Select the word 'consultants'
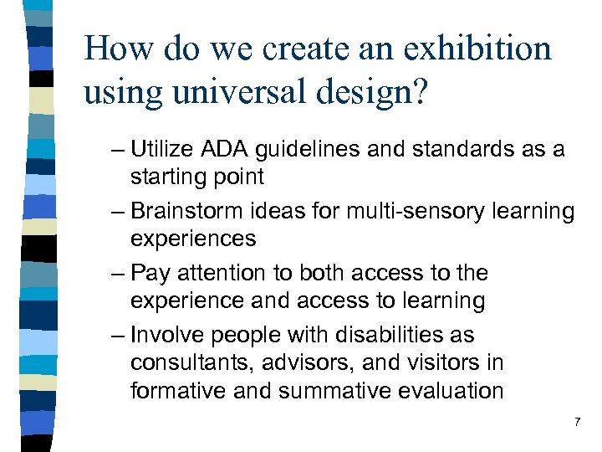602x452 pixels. tap(183, 363)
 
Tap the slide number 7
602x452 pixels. tap(576, 424)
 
